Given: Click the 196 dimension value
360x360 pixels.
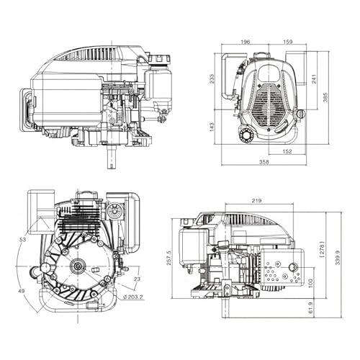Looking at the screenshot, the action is pos(245,42).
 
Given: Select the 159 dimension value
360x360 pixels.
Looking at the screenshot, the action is pos(288,42).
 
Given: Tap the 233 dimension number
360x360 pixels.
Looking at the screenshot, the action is pos(212,78).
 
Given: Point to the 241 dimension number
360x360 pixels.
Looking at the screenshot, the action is pos(314,78).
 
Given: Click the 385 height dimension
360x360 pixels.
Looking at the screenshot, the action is pos(325,97).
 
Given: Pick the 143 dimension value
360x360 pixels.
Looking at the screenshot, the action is pos(212,127).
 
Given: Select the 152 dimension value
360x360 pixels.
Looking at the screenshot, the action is pos(287,151).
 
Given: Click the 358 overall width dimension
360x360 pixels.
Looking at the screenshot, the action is pos(264,162).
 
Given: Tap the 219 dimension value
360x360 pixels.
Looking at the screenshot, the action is pos(256,200).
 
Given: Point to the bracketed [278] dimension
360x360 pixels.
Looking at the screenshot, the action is pos(323,250).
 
